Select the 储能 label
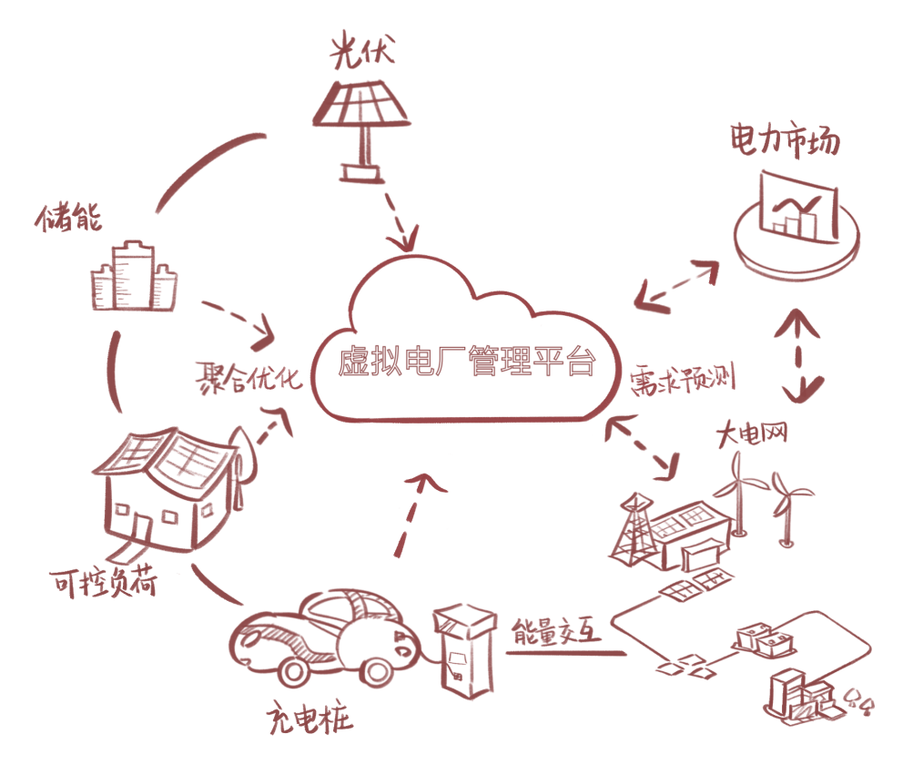pyautogui.click(x=69, y=217)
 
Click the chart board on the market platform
pyautogui.click(x=796, y=206)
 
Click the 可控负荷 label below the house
pyautogui.click(x=103, y=581)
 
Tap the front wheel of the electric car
pyautogui.click(x=293, y=671)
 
